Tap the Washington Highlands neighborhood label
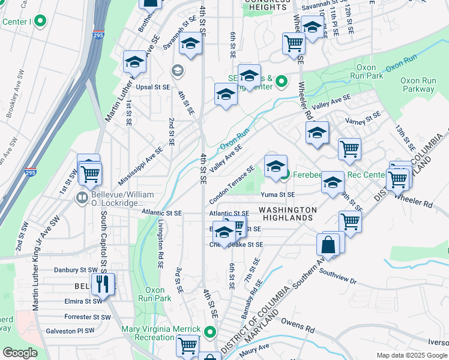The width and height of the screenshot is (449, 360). pyautogui.click(x=288, y=214)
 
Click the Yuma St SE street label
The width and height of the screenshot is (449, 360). pyautogui.click(x=278, y=194)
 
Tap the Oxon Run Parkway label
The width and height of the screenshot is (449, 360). pyautogui.click(x=418, y=85)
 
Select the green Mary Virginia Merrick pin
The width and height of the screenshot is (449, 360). pyautogui.click(x=209, y=332)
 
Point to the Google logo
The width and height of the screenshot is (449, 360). pyautogui.click(x=20, y=353)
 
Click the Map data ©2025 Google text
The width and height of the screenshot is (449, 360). pyautogui.click(x=411, y=355)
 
